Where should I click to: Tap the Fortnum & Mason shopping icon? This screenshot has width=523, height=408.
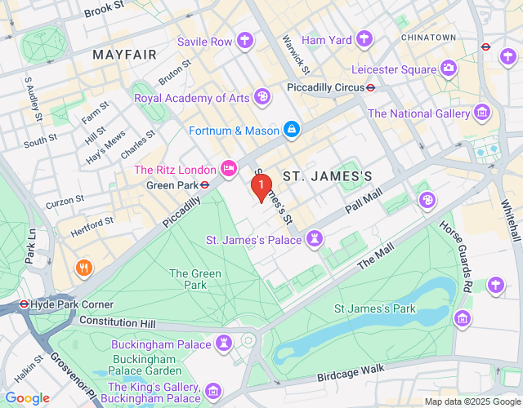(x=290, y=130)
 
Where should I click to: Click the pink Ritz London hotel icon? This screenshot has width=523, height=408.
(x=229, y=170)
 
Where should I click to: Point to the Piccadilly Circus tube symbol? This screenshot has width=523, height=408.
(x=370, y=87)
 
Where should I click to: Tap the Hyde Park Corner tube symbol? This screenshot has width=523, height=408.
(x=24, y=304)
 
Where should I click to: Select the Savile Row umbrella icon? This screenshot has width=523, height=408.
(x=244, y=41)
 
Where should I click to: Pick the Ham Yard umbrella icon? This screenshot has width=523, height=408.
(x=364, y=38)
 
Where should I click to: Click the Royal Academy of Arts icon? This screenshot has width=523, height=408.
(x=261, y=98)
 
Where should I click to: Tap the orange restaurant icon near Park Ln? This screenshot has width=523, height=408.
(x=83, y=268)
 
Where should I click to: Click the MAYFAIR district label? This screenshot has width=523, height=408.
(x=124, y=55)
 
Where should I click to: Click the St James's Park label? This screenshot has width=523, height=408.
(x=375, y=308)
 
